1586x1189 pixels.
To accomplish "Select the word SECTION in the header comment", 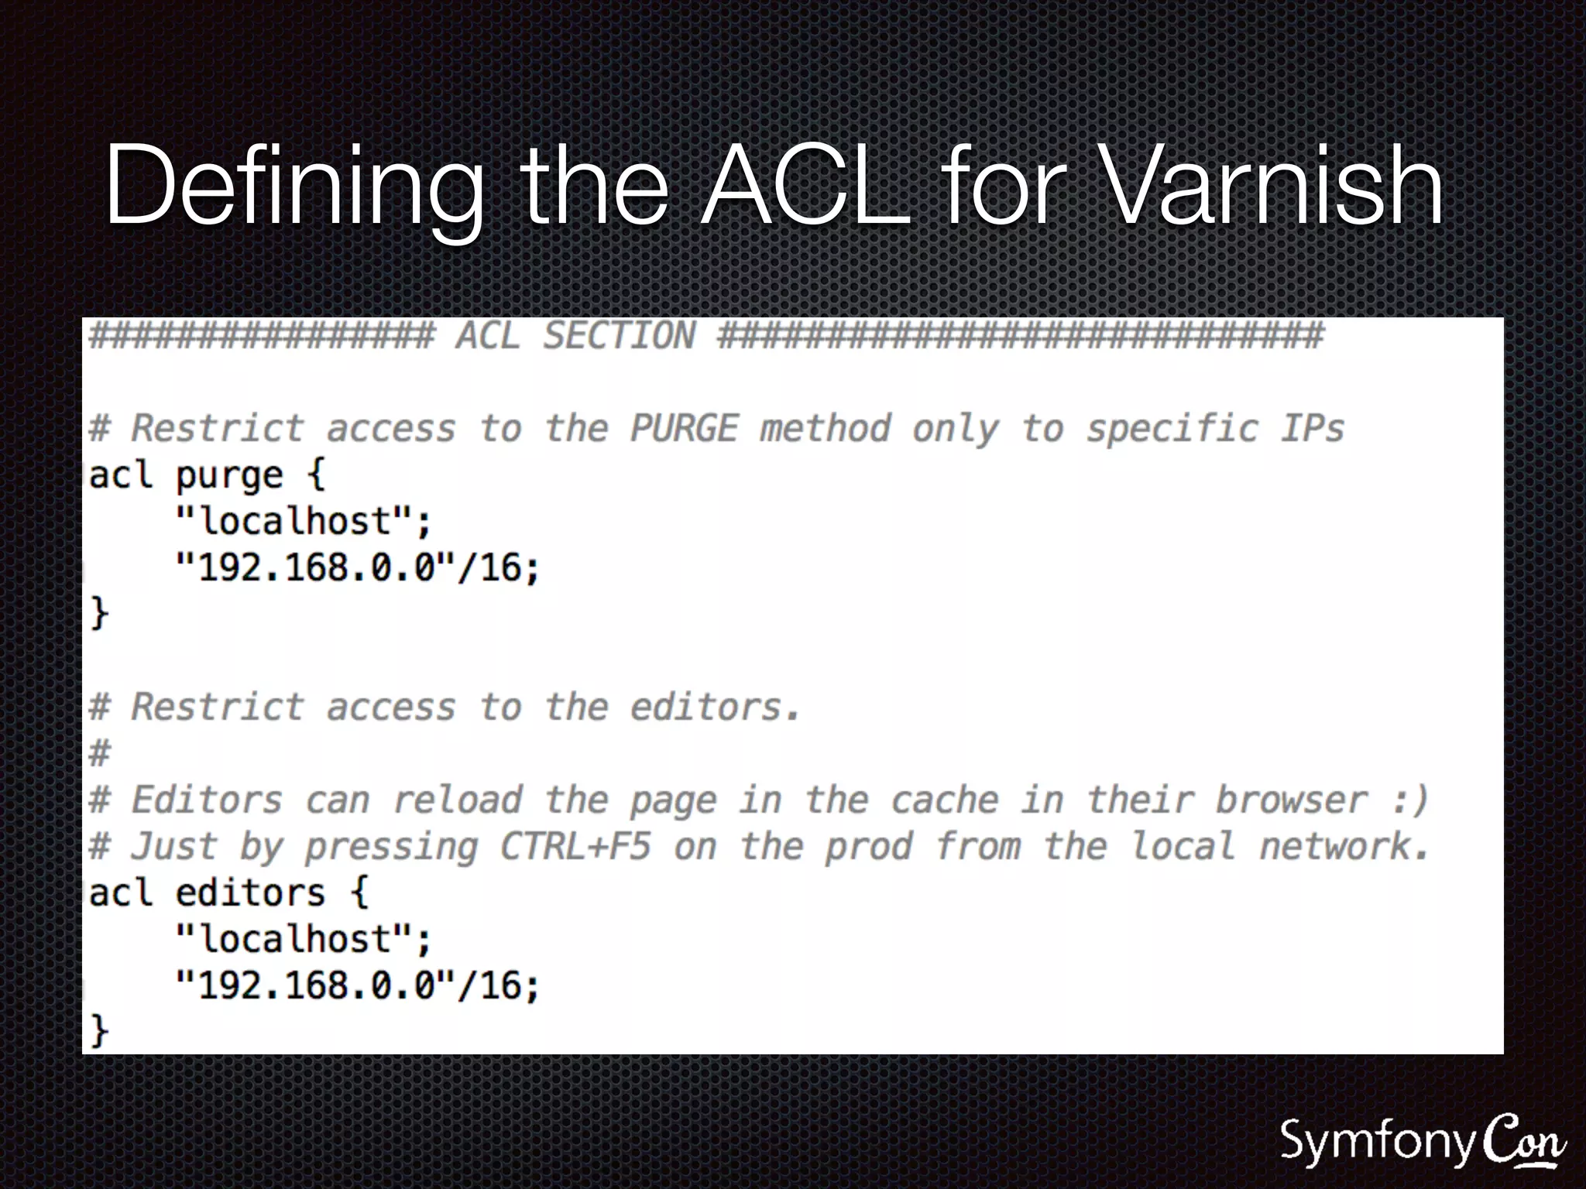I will (x=618, y=336).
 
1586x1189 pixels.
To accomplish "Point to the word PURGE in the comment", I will (x=684, y=428).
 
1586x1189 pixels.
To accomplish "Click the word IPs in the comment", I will (x=1312, y=428).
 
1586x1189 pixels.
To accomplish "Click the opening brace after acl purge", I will (x=316, y=474).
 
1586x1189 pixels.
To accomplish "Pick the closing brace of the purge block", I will (x=99, y=613).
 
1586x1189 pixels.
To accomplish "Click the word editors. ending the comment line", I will (x=714, y=707).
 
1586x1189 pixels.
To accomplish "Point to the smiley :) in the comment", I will (x=1408, y=800).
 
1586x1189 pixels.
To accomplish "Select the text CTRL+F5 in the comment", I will (x=575, y=846).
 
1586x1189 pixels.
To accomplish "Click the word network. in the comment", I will (x=1343, y=846).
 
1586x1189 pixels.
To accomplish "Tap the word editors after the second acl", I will (x=249, y=893).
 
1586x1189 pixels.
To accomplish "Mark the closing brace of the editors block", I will (x=99, y=1031).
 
